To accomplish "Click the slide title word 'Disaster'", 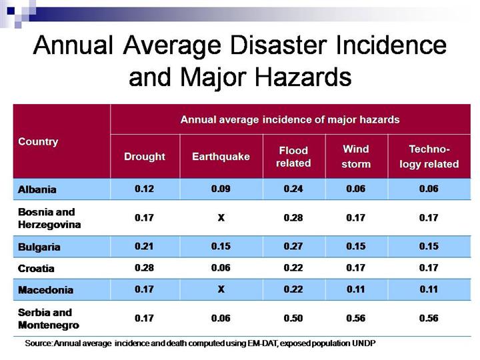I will (296, 45).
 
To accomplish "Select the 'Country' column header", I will (38, 142).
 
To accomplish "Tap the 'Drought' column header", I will (145, 157).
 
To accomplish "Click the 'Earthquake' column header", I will (221, 157).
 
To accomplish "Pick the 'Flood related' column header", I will (294, 157).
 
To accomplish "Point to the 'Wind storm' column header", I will (355, 157).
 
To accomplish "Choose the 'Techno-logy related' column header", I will (429, 157).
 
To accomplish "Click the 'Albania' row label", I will (37, 189).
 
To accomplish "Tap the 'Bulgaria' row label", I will (39, 247).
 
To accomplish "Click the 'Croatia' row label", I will (37, 269).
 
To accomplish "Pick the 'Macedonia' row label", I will (45, 291).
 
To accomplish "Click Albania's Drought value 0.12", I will (145, 189).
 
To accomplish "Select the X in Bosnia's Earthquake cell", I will (221, 217).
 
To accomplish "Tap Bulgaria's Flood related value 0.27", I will (294, 246).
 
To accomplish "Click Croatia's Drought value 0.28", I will (145, 268).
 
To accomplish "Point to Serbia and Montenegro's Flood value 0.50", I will (294, 319).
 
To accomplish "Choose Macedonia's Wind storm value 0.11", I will (355, 291).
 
